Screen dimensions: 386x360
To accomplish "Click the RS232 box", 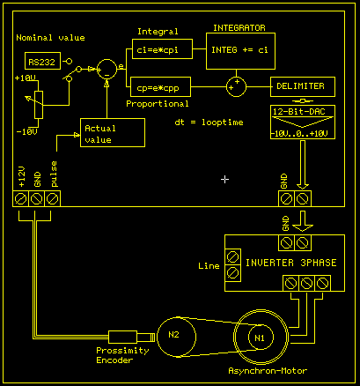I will click(x=39, y=61).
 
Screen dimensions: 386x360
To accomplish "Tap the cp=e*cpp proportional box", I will click(x=165, y=88).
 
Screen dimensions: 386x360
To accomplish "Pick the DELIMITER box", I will click(x=303, y=87).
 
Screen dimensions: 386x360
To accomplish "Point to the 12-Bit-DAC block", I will click(x=302, y=122).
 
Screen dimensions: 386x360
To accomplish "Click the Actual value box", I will click(x=110, y=135).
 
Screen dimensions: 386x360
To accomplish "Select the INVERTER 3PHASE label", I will click(x=290, y=263).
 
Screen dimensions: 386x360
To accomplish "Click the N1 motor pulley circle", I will click(x=259, y=338).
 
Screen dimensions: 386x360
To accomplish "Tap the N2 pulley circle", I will click(x=173, y=335).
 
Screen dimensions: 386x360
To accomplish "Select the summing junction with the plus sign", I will click(x=236, y=87).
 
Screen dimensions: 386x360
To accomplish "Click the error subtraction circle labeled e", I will click(x=107, y=70).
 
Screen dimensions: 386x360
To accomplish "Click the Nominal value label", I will click(x=51, y=38).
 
